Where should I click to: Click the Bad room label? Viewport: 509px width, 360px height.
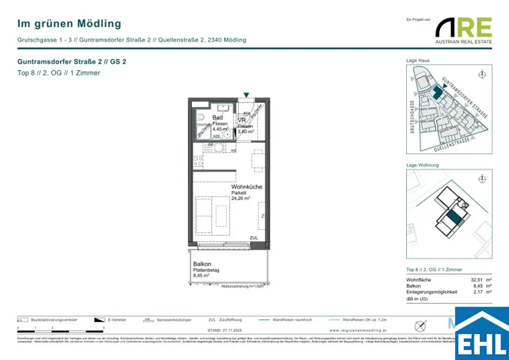click(218, 117)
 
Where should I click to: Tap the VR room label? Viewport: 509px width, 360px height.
click(242, 120)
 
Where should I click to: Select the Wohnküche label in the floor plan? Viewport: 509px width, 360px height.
click(246, 186)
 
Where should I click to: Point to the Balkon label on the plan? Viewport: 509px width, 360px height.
click(202, 264)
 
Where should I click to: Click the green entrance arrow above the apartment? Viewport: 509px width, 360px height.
click(246, 95)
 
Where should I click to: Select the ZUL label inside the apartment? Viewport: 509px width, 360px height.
click(254, 238)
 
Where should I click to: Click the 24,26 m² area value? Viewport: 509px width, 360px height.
click(241, 198)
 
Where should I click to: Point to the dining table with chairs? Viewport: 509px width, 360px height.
click(257, 160)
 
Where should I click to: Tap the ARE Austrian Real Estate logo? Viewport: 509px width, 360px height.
click(463, 30)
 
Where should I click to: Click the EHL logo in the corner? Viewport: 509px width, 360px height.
click(482, 334)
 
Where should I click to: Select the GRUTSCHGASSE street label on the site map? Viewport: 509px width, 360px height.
click(412, 117)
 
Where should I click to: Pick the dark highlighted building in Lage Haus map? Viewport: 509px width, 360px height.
click(437, 91)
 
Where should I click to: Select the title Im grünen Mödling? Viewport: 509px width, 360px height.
click(69, 23)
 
